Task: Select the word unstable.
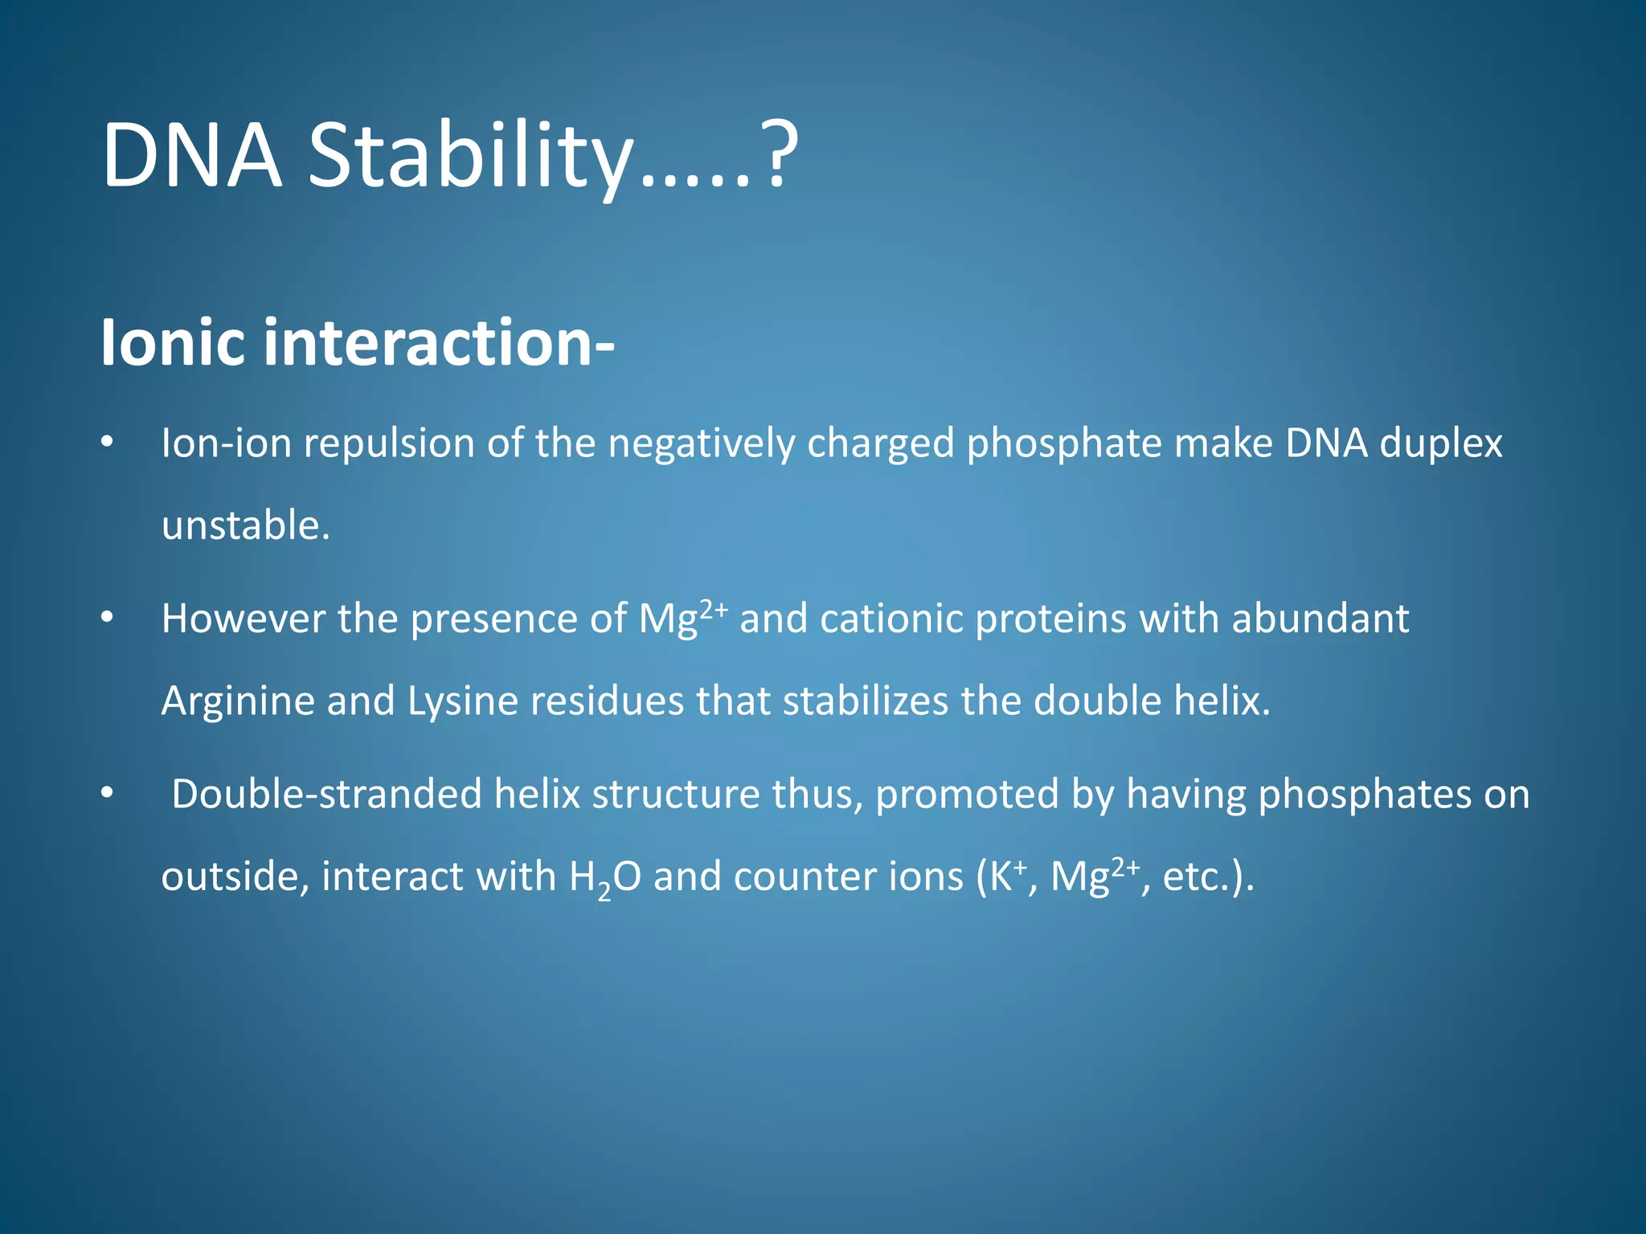point(245,525)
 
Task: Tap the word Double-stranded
point(326,795)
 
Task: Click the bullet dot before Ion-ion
point(107,443)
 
